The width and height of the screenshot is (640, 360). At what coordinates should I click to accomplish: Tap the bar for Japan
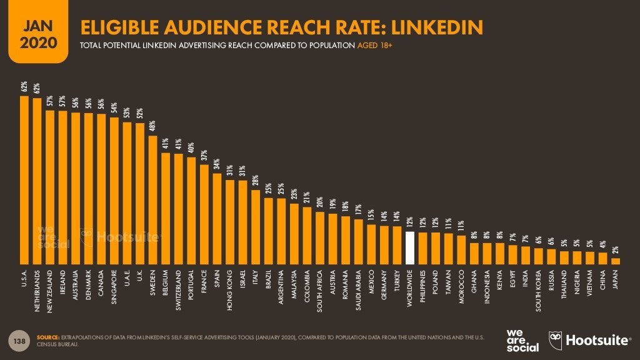point(615,261)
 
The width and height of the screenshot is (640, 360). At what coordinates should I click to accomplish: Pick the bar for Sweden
point(152,199)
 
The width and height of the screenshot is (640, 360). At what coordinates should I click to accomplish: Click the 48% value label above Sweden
point(152,126)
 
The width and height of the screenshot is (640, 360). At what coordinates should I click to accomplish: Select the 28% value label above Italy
point(255,181)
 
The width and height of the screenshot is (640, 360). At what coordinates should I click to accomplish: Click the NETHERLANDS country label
point(37,291)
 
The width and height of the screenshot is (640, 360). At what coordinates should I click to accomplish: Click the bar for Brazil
point(268,231)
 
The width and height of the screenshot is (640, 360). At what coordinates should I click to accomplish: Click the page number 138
point(19,340)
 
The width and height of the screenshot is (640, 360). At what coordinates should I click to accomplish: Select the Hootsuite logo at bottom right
point(590,340)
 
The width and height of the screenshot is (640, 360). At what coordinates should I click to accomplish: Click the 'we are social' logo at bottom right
point(522,340)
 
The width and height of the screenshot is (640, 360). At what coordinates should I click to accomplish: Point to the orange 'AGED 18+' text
point(374,46)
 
